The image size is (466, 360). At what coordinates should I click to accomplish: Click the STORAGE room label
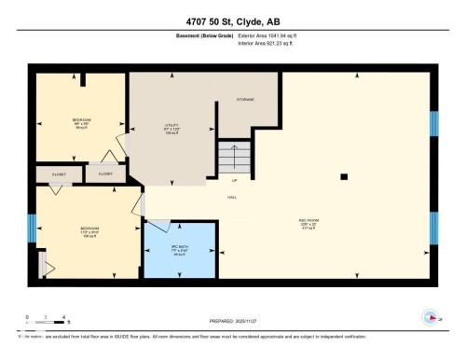[245, 99]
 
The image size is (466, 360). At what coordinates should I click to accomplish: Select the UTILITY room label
[171, 124]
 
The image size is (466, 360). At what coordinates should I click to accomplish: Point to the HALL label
[232, 197]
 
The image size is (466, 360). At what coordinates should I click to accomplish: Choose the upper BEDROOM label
[81, 121]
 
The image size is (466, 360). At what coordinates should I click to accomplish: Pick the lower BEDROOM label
[89, 228]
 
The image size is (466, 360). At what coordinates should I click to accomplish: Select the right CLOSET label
[105, 173]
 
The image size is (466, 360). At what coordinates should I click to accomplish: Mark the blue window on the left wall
[31, 228]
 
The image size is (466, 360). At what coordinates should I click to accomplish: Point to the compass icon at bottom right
[431, 316]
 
